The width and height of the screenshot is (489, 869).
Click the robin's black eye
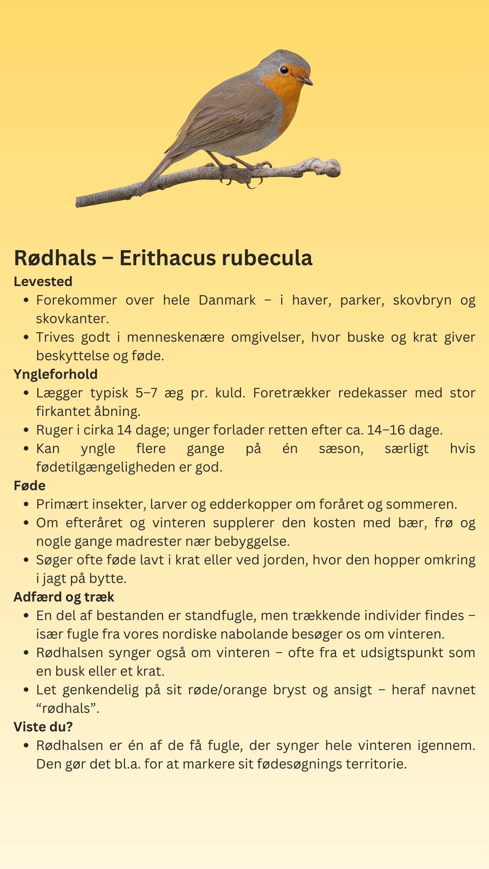284,70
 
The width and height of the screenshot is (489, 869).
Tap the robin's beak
306,81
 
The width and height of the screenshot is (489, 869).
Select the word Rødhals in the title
55,258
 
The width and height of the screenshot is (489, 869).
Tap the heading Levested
43,282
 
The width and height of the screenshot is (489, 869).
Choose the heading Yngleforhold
55,374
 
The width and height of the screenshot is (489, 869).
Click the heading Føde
29,486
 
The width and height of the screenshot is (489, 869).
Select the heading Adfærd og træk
64,597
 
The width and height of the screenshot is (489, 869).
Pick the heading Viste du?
43,727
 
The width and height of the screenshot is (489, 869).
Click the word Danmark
227,300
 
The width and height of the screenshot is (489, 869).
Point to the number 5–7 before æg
146,393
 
